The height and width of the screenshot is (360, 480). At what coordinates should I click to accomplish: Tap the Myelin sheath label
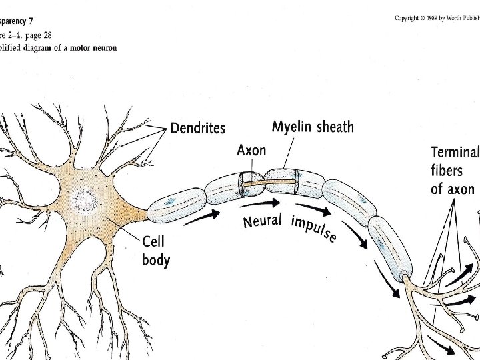(x=313, y=127)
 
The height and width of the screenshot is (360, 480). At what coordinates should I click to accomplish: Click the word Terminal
(x=455, y=153)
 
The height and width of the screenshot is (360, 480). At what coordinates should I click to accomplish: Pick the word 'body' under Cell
(x=155, y=259)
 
